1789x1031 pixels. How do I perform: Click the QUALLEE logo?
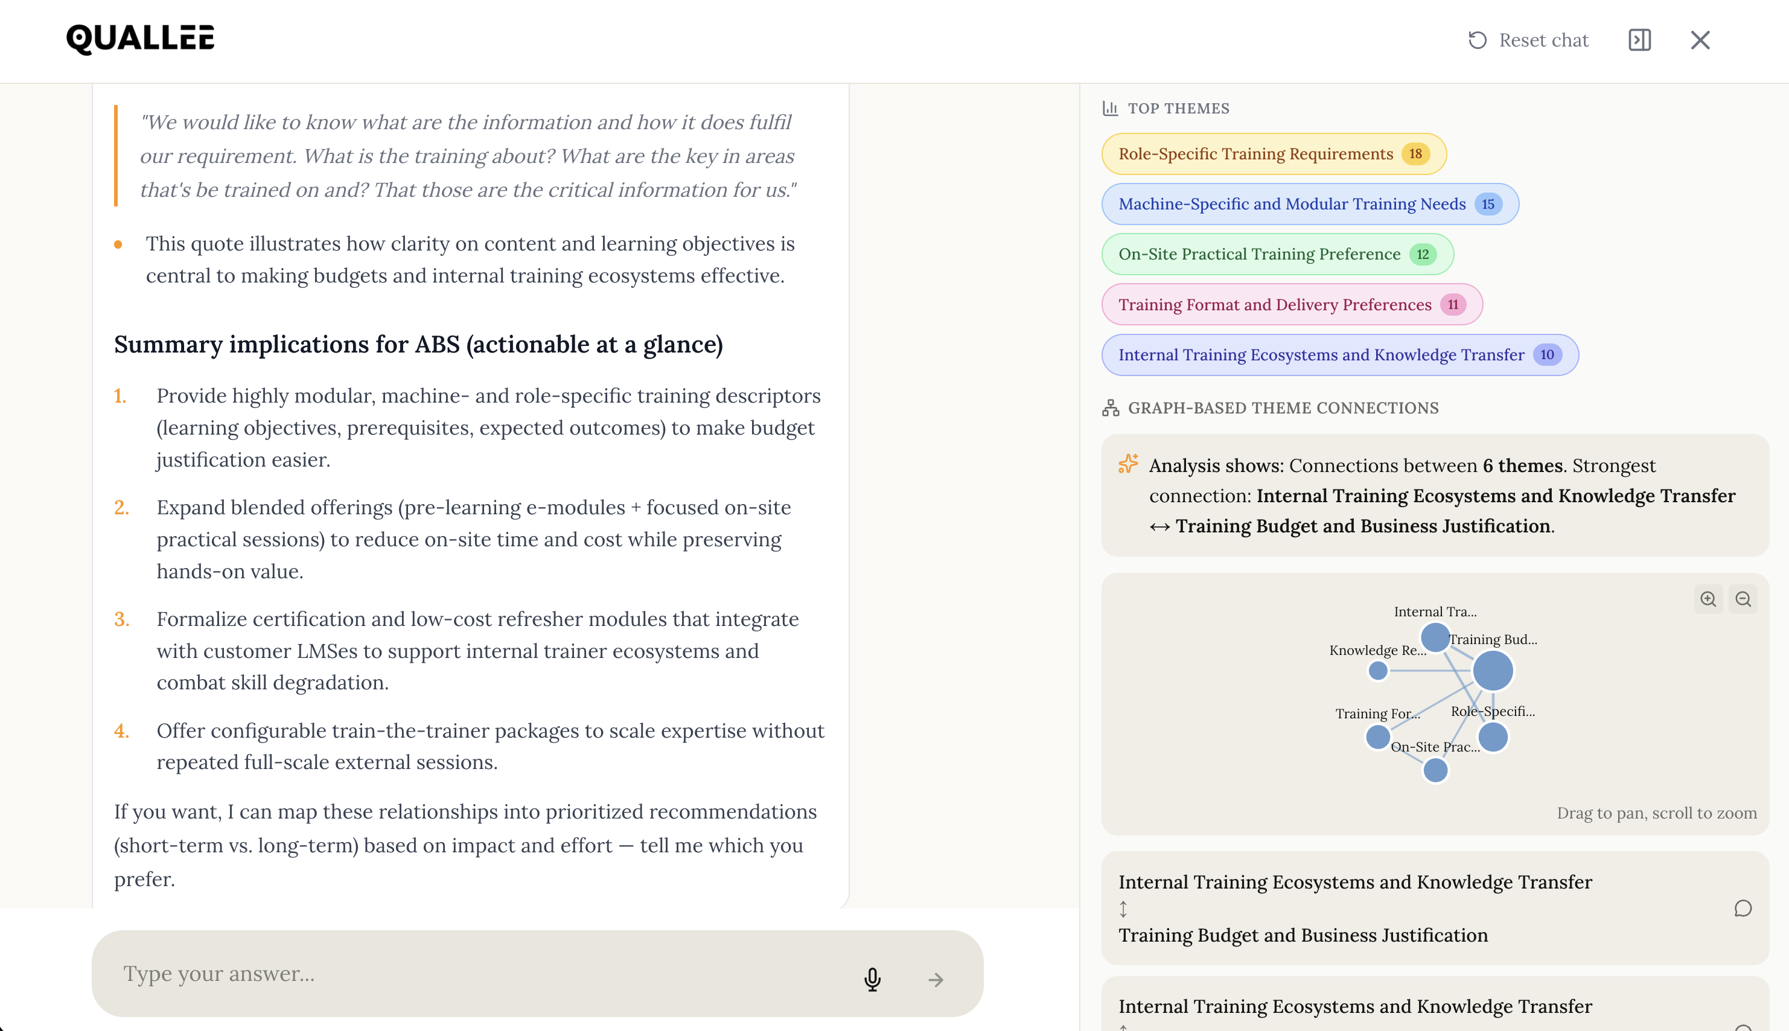[140, 40]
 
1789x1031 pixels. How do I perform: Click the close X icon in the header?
[1700, 40]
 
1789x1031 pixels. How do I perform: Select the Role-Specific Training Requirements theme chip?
[1255, 155]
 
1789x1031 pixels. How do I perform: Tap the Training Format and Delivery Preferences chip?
[1274, 304]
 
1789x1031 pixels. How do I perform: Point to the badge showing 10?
[1547, 355]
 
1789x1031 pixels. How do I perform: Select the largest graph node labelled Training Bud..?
[1493, 671]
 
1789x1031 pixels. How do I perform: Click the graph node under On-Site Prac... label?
[1435, 770]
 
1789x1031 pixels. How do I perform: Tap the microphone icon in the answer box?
[872, 979]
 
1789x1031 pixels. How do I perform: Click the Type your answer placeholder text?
[218, 974]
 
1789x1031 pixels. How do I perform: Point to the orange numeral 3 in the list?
[121, 619]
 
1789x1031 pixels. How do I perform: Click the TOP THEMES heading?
[1178, 108]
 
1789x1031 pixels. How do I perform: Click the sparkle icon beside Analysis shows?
[1127, 464]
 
